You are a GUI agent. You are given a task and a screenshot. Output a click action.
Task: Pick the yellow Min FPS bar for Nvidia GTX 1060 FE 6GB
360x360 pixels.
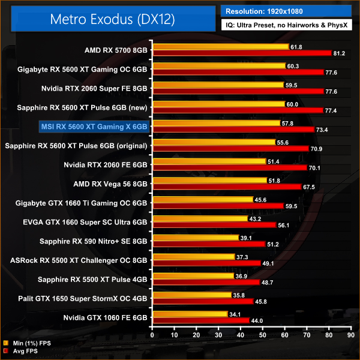tap(190, 314)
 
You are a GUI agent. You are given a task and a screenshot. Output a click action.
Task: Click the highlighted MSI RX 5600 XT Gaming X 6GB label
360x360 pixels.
tap(93, 126)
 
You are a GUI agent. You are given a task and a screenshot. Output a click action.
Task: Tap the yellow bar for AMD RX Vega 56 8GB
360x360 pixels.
tap(210, 180)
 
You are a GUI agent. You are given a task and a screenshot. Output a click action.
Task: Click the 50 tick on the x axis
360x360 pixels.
tap(263, 334)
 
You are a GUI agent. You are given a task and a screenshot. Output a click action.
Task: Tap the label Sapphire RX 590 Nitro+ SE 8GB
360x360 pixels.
tap(93, 242)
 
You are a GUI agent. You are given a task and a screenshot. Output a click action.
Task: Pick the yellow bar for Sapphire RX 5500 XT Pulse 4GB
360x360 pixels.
tap(193, 276)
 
